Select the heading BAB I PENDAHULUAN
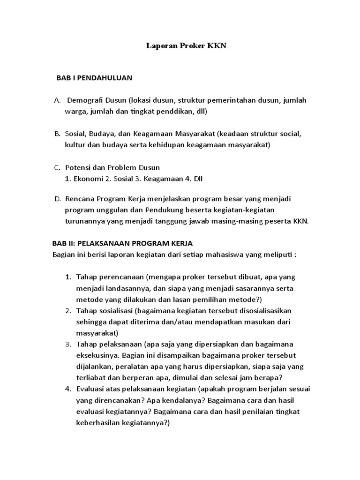94,78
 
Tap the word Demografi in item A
87,100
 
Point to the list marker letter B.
57,134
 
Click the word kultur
75,145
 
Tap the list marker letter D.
57,199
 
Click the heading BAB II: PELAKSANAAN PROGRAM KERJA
122,244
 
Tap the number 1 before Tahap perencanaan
68,277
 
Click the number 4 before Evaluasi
68,389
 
